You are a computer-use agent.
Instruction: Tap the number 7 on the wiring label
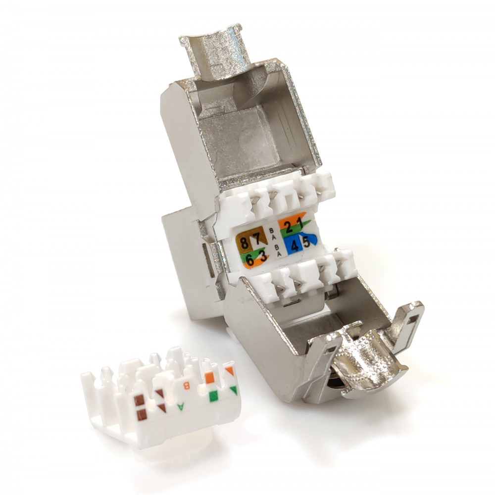pyautogui.click(x=257, y=239)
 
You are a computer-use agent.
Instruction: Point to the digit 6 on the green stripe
pyautogui.click(x=250, y=260)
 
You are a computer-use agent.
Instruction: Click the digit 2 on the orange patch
pyautogui.click(x=289, y=227)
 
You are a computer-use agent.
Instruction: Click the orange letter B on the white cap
pyautogui.click(x=187, y=386)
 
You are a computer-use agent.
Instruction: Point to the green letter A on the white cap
pyautogui.click(x=181, y=406)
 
